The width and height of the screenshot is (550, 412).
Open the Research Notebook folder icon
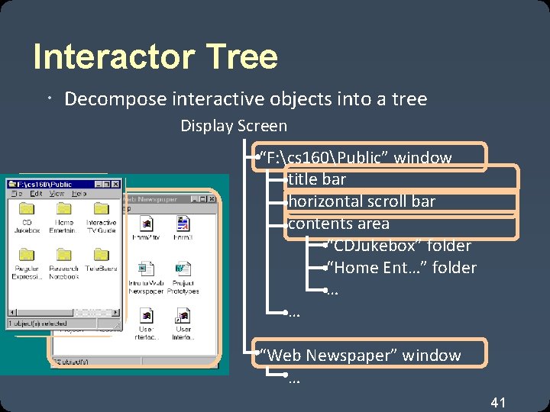click(63, 255)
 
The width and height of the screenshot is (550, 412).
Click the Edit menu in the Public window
click(36, 194)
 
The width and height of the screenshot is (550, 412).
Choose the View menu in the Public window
click(57, 194)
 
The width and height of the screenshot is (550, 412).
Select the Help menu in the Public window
click(79, 194)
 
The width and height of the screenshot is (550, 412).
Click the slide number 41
click(498, 402)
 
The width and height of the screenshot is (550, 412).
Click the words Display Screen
click(234, 126)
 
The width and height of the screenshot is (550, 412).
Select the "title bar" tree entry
click(316, 179)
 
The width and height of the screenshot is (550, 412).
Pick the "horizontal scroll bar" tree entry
click(361, 201)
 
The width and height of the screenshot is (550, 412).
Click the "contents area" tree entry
click(338, 224)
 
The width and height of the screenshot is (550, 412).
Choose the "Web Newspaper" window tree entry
click(361, 355)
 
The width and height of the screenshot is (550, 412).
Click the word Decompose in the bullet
click(106, 99)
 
